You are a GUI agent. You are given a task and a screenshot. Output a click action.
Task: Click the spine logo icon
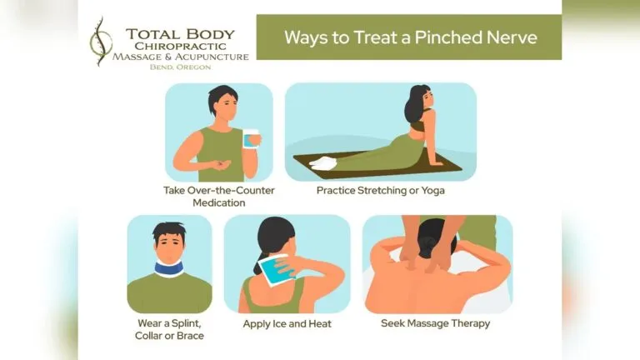(x=101, y=41)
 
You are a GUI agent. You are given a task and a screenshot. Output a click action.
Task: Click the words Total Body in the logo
(x=180, y=34)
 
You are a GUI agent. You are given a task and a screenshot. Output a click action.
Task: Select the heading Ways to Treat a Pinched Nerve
(x=410, y=37)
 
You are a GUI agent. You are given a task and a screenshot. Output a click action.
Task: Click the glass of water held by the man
(x=251, y=138)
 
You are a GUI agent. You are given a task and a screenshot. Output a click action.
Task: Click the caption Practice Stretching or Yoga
(x=380, y=190)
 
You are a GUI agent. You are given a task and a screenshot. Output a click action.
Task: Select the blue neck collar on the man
(x=169, y=267)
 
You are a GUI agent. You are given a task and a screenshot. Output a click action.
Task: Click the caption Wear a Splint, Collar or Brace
(x=169, y=329)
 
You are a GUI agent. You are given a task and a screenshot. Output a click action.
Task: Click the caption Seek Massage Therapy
(x=435, y=322)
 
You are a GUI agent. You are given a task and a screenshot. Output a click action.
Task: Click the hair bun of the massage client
(x=426, y=247)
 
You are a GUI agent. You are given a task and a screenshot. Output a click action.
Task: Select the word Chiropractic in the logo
(x=180, y=46)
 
